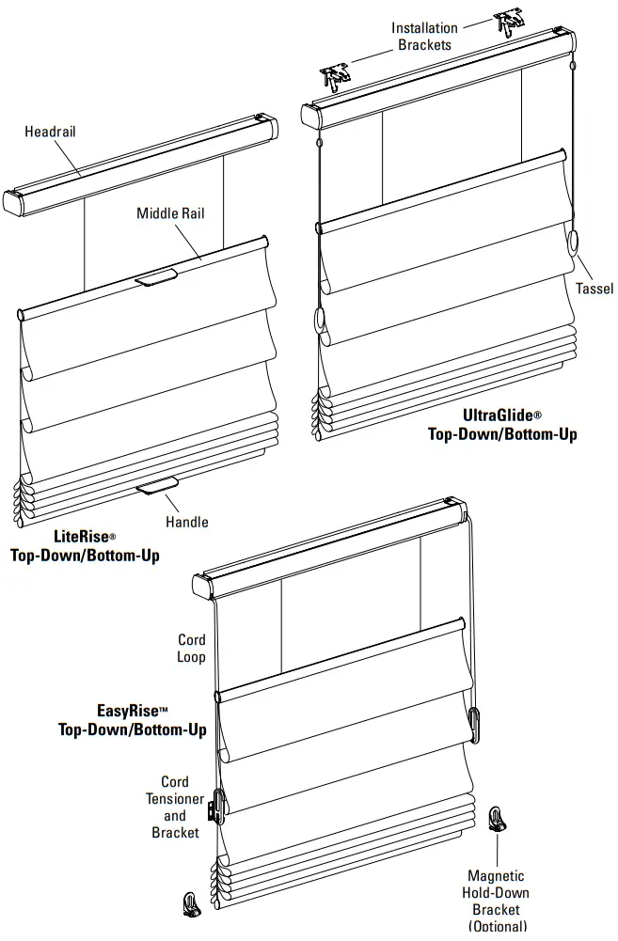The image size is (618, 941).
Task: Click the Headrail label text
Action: [x=50, y=132]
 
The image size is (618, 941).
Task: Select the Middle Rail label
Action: [x=170, y=213]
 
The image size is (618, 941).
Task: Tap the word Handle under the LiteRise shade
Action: [x=187, y=522]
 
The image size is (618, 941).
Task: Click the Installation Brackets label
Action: [x=424, y=36]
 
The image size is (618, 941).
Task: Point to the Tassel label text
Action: [x=594, y=289]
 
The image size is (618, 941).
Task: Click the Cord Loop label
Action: [x=191, y=649]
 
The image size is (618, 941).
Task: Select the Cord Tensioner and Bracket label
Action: [x=175, y=808]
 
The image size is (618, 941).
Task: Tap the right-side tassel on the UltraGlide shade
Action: [x=574, y=244]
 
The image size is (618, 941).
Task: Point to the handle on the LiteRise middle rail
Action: [x=155, y=277]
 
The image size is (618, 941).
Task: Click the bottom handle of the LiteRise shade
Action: [x=157, y=484]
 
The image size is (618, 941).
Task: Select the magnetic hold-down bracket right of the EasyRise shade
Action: [x=498, y=819]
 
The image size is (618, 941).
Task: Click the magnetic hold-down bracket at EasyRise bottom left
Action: [x=191, y=903]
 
